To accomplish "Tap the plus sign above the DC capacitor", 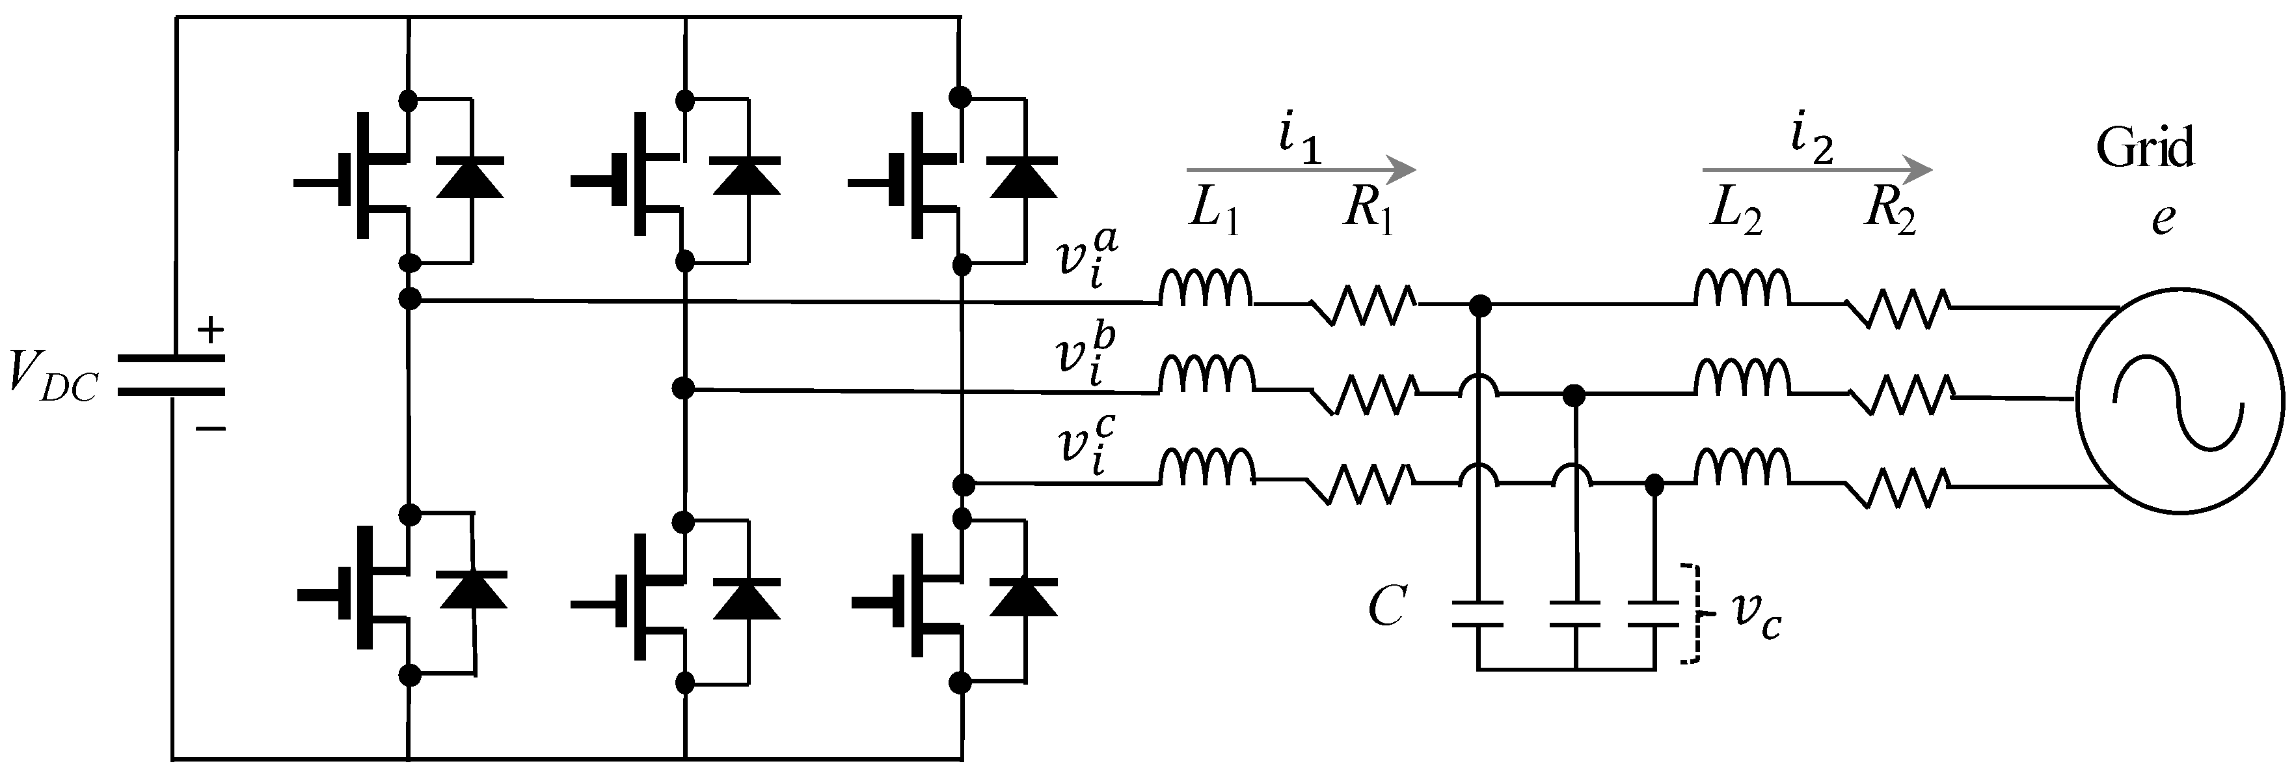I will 210,332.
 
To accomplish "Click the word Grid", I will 2144,149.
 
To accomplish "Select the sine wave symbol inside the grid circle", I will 2179,399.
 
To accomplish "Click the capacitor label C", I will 1386,608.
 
